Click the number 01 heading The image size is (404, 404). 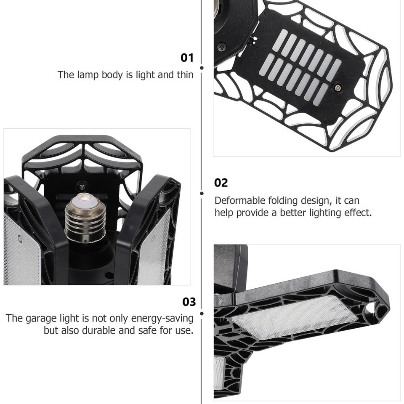pos(187,58)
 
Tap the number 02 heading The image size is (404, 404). pos(221,183)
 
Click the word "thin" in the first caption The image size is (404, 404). pos(185,75)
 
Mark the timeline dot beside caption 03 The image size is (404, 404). pos(202,313)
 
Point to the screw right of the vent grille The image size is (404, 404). pos(337,87)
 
